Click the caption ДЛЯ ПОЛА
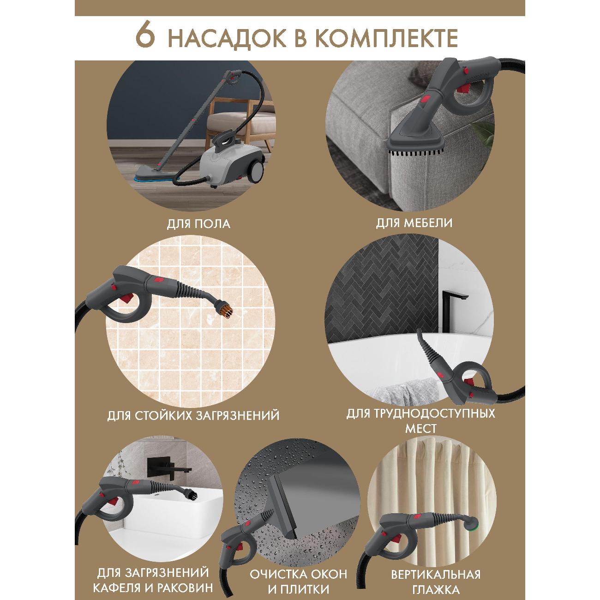198,224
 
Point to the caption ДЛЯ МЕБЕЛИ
414,223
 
